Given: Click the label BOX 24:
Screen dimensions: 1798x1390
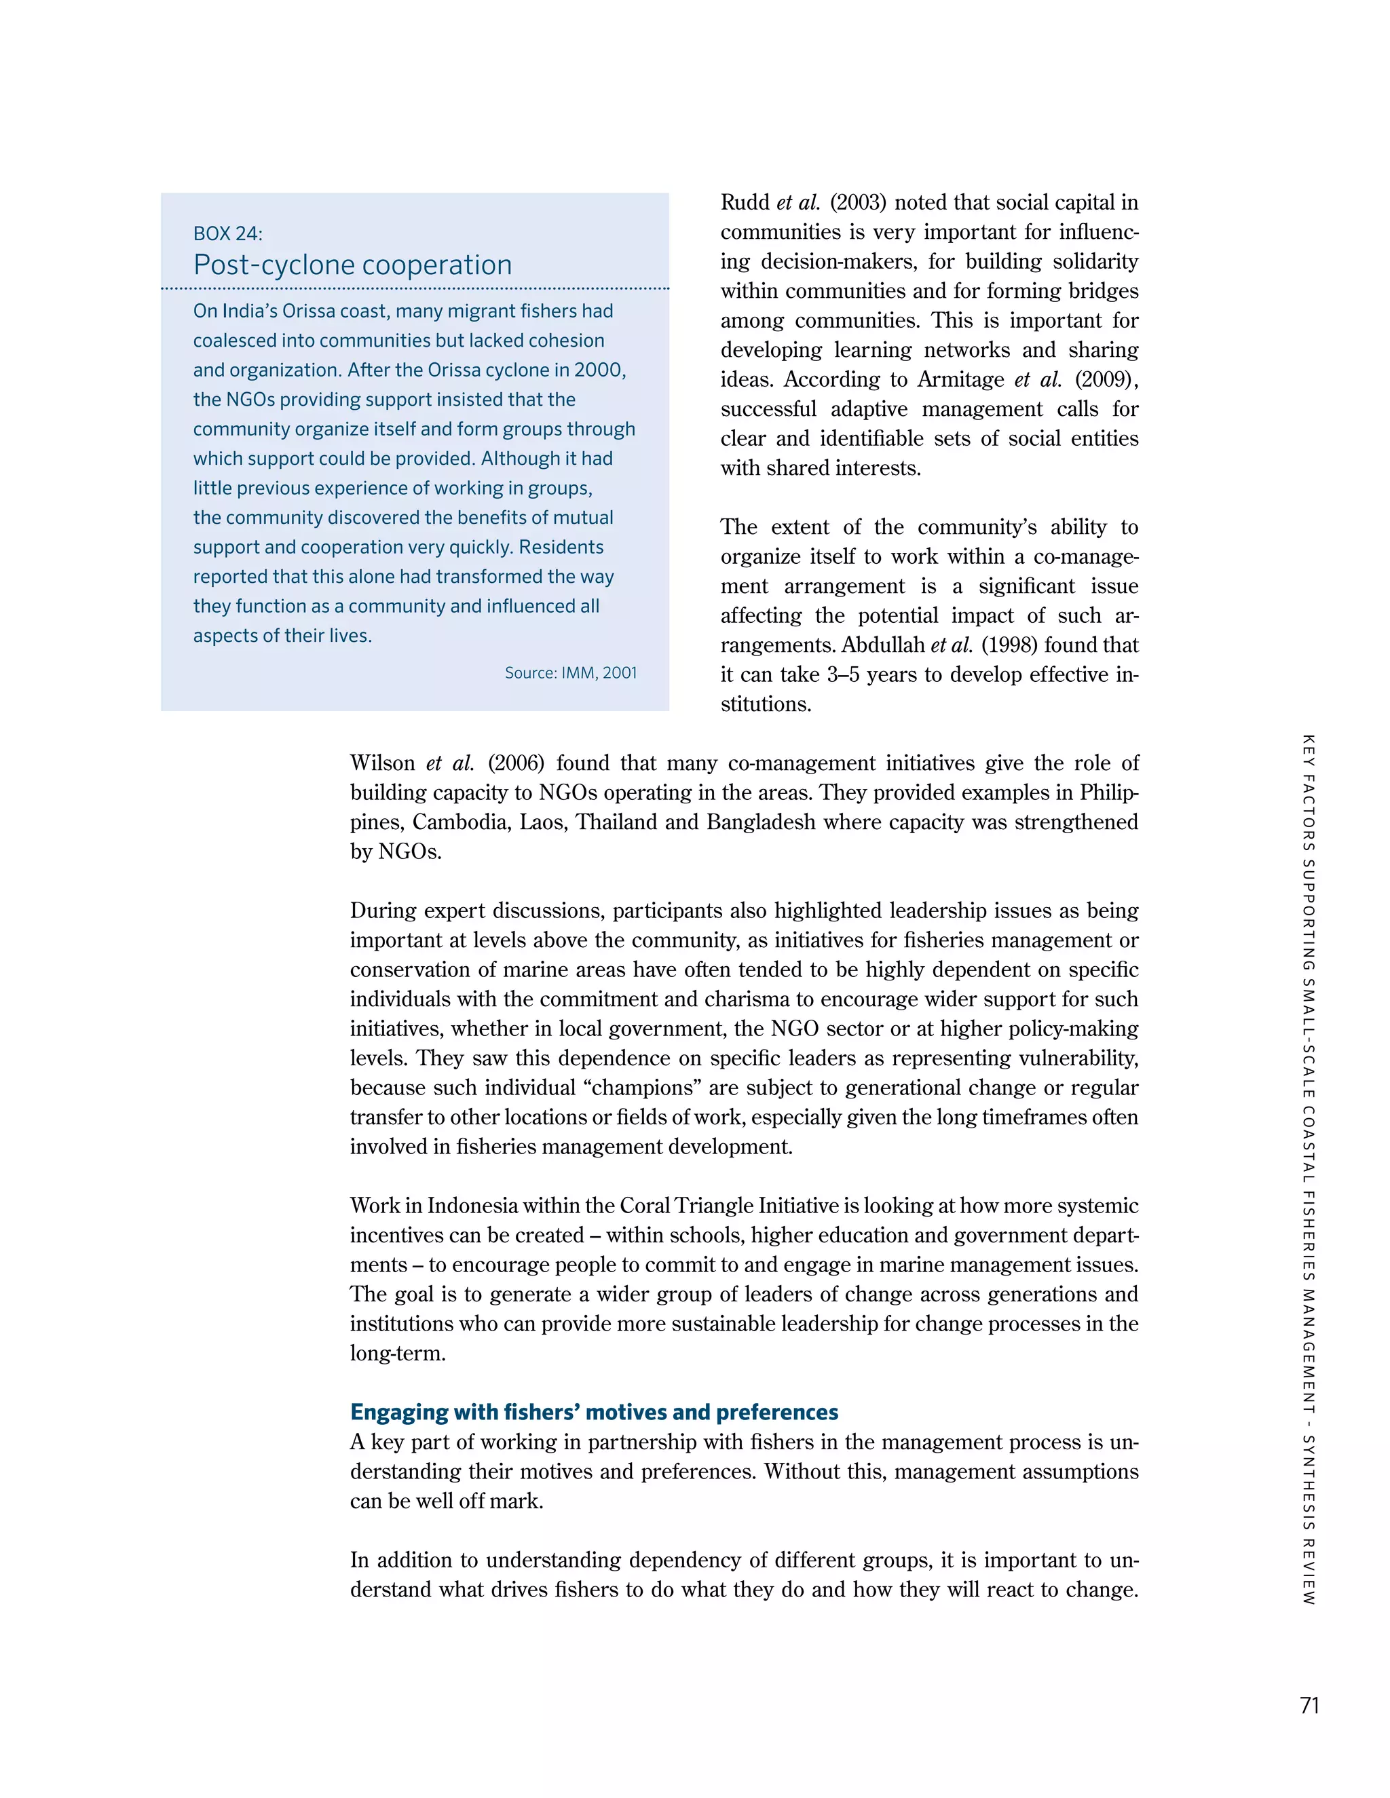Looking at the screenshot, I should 227,234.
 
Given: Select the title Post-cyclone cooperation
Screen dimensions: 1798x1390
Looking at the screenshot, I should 352,265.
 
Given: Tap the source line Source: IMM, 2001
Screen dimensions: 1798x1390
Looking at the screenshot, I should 571,672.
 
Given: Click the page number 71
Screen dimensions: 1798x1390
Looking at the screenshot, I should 1309,1705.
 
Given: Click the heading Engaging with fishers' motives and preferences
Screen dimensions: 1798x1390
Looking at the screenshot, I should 594,1412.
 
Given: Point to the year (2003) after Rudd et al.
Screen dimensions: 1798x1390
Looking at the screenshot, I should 857,202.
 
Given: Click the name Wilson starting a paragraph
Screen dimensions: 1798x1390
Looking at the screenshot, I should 382,763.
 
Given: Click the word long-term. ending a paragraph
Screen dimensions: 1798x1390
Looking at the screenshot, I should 398,1353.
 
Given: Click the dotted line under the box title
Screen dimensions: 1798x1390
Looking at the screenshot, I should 414,289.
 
